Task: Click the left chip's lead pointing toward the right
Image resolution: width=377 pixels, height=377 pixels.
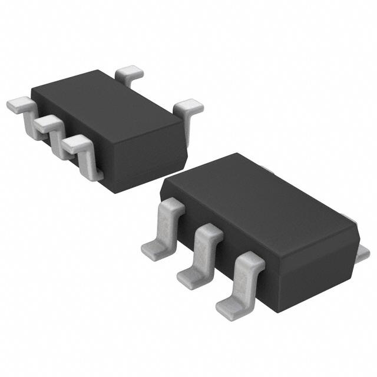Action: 190,107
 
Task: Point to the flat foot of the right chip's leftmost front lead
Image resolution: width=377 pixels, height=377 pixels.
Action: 154,248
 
